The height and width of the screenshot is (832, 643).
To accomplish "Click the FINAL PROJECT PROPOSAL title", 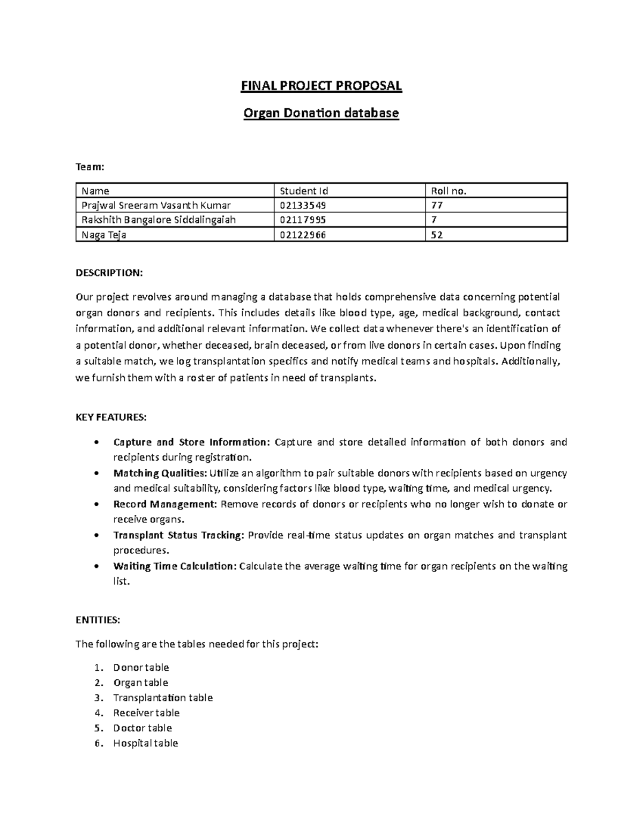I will click(x=321, y=86).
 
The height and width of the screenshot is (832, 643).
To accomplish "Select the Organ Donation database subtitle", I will click(x=321, y=113).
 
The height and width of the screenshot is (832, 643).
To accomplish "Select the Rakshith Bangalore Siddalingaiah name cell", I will click(x=159, y=220).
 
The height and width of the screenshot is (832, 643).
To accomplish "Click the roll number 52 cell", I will click(x=437, y=234).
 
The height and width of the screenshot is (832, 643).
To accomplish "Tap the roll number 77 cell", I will click(x=437, y=205).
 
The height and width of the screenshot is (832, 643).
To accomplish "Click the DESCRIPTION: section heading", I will click(x=109, y=273).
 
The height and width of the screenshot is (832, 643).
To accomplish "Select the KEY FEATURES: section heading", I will click(x=111, y=417).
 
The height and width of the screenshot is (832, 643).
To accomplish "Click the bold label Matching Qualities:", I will click(x=160, y=473).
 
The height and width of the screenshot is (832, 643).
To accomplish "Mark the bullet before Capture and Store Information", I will click(x=95, y=443).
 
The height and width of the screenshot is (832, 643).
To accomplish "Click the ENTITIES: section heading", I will click(x=98, y=620).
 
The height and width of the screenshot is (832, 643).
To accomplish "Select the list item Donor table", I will click(x=141, y=668).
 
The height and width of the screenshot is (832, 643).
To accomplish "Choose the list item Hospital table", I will click(x=145, y=743).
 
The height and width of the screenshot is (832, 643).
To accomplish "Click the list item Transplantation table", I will click(x=163, y=698).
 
